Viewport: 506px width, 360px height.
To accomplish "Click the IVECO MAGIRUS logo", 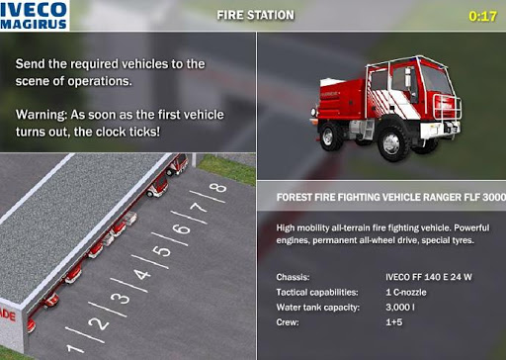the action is tap(35, 15).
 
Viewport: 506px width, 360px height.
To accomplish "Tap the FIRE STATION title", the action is tap(255, 15).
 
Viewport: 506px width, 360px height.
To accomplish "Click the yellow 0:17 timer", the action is tap(482, 16).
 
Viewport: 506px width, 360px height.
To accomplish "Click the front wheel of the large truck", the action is tap(392, 142).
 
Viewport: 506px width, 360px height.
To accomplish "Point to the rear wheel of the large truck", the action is tap(329, 135).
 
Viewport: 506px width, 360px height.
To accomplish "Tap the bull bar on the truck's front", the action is tap(448, 106).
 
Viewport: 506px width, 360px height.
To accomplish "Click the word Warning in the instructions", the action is tap(42, 115).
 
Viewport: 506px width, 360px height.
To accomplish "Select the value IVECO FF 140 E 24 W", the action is tap(429, 277).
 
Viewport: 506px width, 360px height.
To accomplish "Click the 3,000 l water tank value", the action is tap(400, 308).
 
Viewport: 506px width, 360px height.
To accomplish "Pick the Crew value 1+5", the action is tap(394, 322).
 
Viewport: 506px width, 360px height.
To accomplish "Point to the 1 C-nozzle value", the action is tap(406, 292).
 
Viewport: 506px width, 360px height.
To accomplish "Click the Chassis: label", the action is tap(293, 277).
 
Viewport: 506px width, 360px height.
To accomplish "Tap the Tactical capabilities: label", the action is tap(317, 292).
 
